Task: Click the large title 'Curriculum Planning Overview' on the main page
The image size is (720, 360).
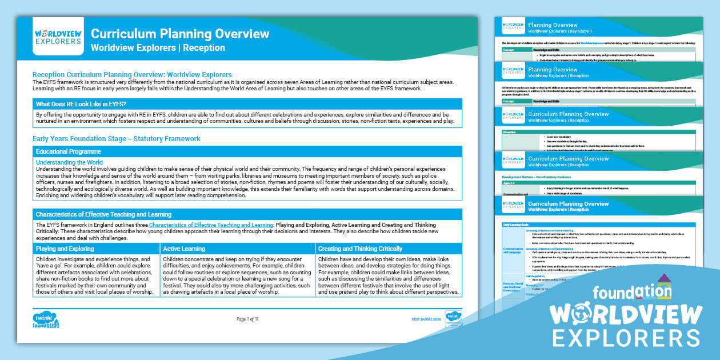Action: [180, 34]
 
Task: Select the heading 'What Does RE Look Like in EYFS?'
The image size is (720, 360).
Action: [81, 104]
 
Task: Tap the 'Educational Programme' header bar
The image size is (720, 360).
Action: [69, 151]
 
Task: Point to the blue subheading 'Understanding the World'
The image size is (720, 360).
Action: [69, 162]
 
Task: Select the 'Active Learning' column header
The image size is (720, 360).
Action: [185, 249]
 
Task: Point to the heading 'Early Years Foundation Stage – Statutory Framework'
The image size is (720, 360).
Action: [117, 138]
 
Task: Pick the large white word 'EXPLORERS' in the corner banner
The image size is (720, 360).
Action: [626, 337]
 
